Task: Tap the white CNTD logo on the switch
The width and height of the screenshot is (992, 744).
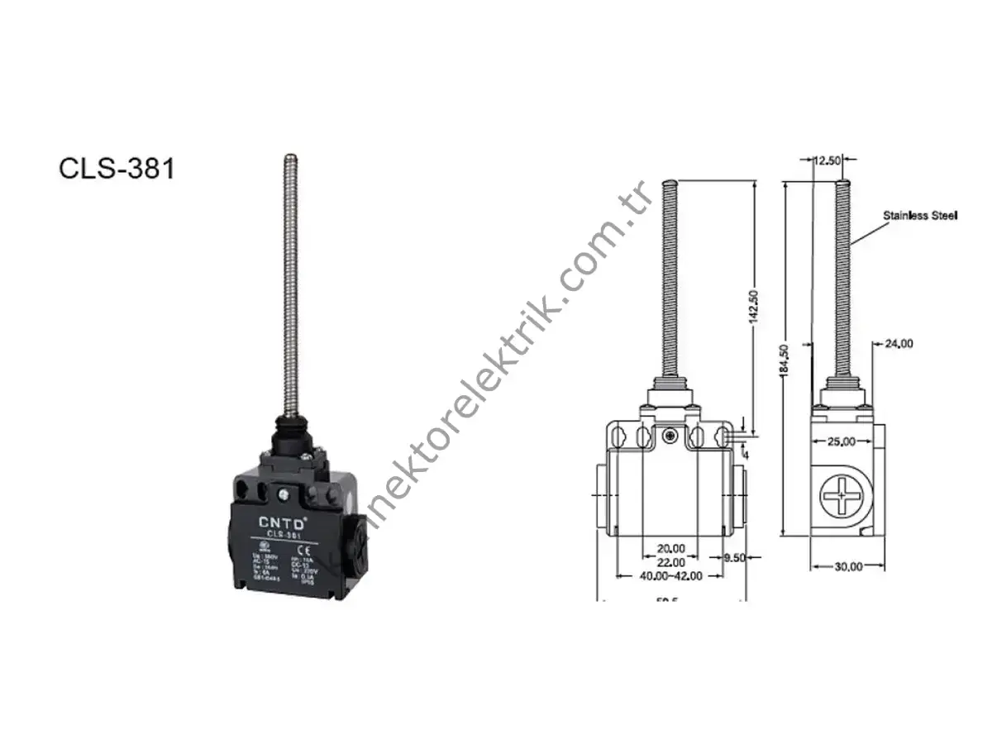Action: (284, 522)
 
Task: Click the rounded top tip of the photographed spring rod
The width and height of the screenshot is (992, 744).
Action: (289, 156)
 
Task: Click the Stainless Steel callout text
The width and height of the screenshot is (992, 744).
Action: (920, 216)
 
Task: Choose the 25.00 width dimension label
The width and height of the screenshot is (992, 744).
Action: (842, 441)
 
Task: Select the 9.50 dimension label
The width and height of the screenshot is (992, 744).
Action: (734, 558)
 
